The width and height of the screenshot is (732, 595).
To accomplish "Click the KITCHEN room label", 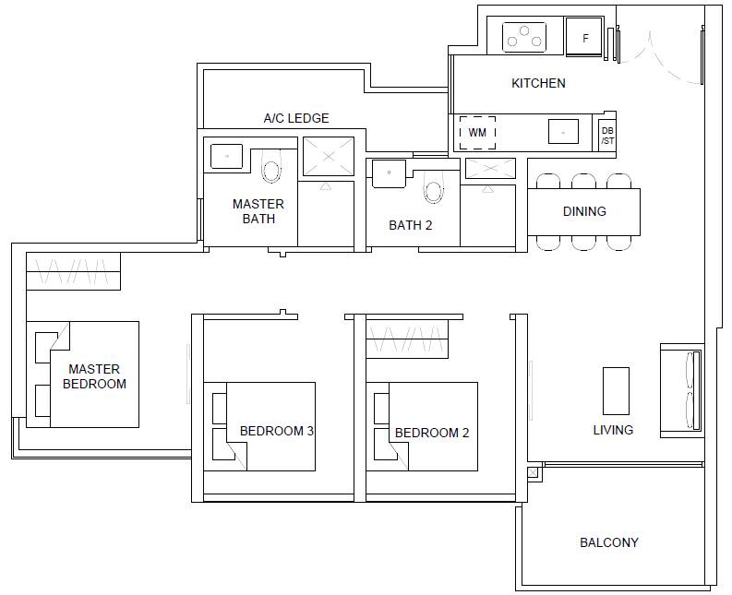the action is click(x=538, y=83).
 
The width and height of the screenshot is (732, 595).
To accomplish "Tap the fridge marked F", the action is click(x=584, y=37).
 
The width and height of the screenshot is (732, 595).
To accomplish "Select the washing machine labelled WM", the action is click(x=477, y=133).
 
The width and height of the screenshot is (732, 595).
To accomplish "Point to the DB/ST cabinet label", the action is click(x=607, y=136).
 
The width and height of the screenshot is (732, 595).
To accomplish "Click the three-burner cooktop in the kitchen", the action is click(x=524, y=37).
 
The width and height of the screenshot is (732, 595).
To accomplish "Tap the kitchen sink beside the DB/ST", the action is click(x=563, y=131).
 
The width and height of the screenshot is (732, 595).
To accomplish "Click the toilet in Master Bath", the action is click(x=271, y=166).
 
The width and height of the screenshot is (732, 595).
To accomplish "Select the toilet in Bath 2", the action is click(x=434, y=187).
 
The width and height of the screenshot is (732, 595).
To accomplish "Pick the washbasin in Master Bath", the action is click(x=226, y=156).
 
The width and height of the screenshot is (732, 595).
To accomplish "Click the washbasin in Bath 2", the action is click(x=389, y=173).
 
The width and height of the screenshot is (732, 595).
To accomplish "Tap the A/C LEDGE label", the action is click(x=296, y=118).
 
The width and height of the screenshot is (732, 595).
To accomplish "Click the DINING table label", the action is click(x=584, y=211).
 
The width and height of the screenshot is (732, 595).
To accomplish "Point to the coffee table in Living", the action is click(x=616, y=391).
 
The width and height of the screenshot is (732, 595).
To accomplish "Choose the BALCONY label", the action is click(x=608, y=542).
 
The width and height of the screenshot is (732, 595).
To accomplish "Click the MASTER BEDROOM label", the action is click(x=94, y=376).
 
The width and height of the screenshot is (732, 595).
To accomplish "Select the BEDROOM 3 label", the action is click(x=276, y=431).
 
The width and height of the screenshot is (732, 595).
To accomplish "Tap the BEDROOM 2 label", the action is click(x=432, y=433).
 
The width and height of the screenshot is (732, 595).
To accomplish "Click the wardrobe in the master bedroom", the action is click(x=73, y=271).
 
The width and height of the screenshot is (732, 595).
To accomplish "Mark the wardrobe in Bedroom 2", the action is click(x=407, y=339).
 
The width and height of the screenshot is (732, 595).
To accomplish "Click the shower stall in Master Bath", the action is click(x=329, y=156).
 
